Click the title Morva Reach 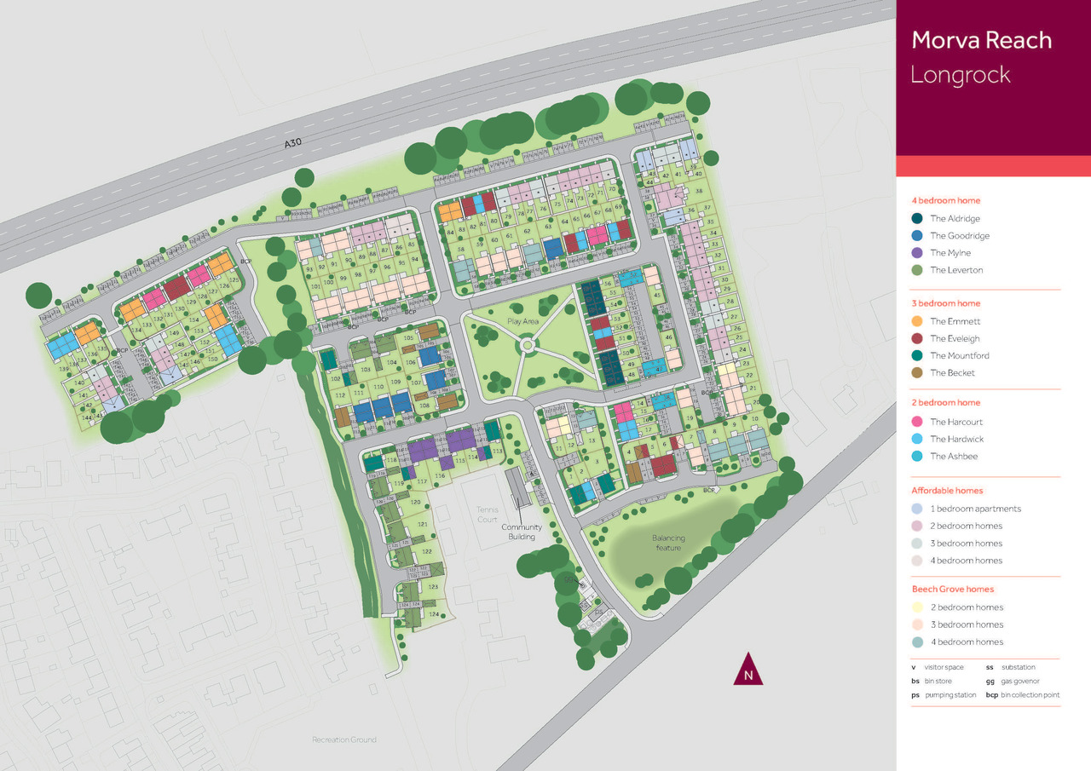coord(981,40)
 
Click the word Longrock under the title coord(960,75)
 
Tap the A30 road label coord(293,146)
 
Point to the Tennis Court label coord(487,514)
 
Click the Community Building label coord(521,532)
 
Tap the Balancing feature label coord(668,543)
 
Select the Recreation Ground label coord(343,739)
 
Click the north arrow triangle coord(748,670)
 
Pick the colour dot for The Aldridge coord(917,219)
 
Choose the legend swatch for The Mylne coord(917,253)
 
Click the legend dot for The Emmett coord(917,321)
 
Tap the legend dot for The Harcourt coord(917,422)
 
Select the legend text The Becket coord(952,373)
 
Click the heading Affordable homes coord(947,491)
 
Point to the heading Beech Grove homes coord(952,590)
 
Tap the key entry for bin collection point coord(1023,695)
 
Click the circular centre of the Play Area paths coord(528,345)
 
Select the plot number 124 coord(434,614)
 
